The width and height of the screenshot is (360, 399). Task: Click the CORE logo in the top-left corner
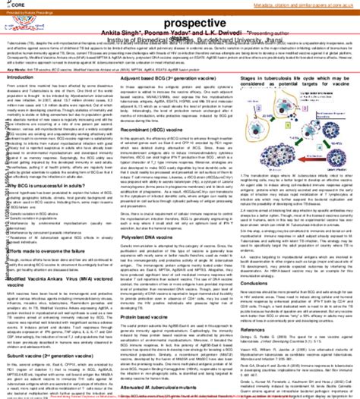[x=10, y=6]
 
